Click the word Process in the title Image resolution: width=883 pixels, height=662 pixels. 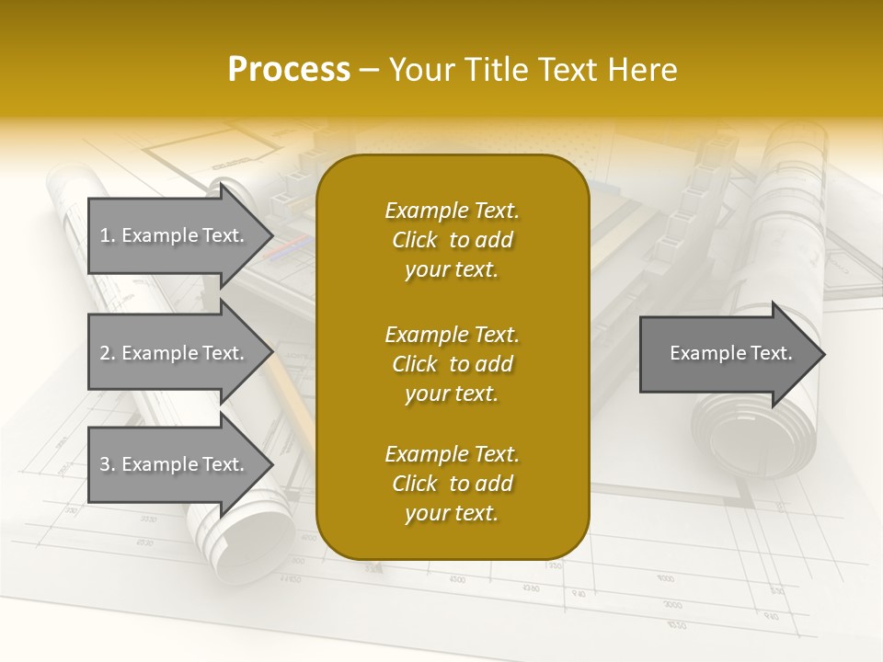(x=289, y=69)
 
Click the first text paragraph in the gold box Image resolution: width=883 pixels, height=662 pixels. (x=452, y=240)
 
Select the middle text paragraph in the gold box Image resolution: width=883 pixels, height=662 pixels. (x=452, y=364)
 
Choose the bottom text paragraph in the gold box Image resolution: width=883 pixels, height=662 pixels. (x=452, y=484)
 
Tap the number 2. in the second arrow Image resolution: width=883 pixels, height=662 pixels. (x=108, y=353)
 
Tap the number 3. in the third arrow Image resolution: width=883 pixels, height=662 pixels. (x=108, y=464)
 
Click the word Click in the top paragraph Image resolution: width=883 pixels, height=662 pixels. (x=415, y=240)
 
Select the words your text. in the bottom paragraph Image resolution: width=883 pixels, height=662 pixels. (x=452, y=513)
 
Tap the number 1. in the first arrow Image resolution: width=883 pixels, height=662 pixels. (x=108, y=235)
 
